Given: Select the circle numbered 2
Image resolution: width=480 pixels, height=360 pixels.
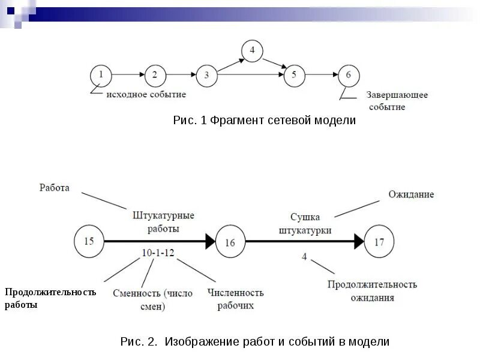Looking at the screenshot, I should coord(154,75).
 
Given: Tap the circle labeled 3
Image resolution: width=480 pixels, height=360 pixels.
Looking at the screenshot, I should coord(206,75).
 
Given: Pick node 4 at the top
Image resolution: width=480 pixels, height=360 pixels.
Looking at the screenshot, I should coord(252,50).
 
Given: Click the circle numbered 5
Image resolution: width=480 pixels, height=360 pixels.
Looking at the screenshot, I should coord(294,75).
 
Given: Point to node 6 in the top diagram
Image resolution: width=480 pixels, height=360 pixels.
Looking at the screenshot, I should coord(349,75).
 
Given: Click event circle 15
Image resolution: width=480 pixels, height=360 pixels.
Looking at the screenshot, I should coord(88,241).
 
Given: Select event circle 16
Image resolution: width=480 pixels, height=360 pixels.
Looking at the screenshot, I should coord(230,242).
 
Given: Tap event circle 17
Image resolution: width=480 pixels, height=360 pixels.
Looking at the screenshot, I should coord(379,242).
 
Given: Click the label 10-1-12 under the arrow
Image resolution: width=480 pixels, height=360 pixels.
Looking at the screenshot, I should coord(158,253).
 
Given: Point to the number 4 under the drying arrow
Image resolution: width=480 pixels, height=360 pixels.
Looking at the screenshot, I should coord(304,257).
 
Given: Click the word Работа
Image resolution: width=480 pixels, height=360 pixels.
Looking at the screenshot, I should coord(55,188).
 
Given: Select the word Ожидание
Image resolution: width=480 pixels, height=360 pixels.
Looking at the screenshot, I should coord(411,194).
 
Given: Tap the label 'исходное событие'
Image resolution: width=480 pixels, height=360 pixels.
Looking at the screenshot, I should coord(146,94).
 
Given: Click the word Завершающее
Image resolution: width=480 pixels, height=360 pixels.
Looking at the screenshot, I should coord(397,95).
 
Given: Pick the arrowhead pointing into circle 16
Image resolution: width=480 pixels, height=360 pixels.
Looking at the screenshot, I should coord(209,241).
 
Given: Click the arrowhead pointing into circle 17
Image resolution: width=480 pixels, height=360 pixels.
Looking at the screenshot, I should coord(359,241).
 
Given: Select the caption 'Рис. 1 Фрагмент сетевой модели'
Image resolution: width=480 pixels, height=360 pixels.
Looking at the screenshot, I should coord(264,121).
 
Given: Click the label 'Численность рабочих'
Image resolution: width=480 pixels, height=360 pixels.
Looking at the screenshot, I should coord(236,299).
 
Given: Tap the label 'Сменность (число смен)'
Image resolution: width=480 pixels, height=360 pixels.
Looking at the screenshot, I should coord(152,299).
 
